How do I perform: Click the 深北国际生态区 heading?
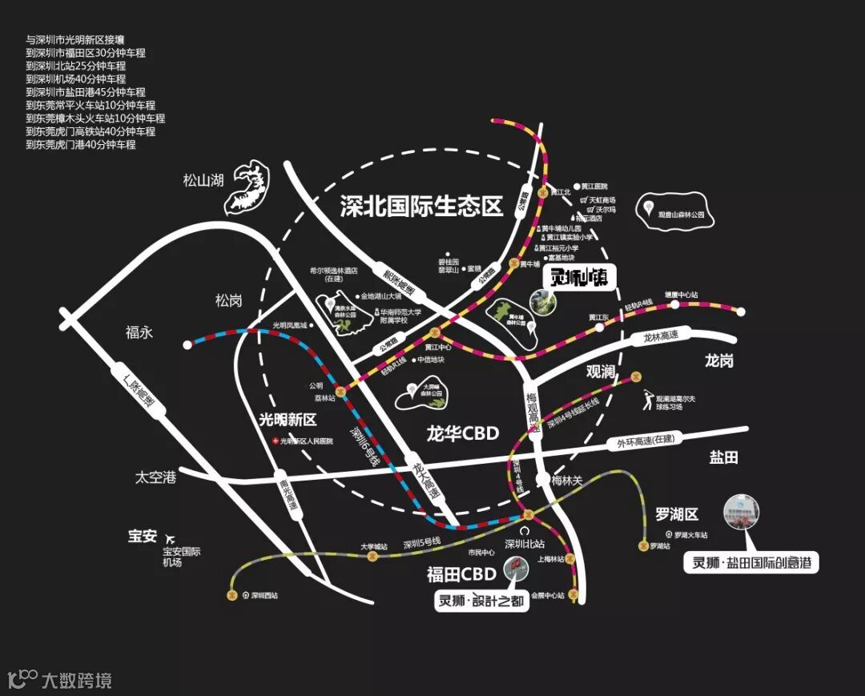pyautogui.click(x=420, y=207)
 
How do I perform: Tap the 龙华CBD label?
pyautogui.click(x=463, y=434)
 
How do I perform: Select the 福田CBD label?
pyautogui.click(x=461, y=573)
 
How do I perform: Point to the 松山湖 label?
pyautogui.click(x=203, y=180)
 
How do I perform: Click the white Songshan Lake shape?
pyautogui.click(x=250, y=187)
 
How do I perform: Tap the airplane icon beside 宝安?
pyautogui.click(x=169, y=537)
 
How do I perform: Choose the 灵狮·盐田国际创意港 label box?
pyautogui.click(x=751, y=563)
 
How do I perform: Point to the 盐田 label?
pyautogui.click(x=723, y=457)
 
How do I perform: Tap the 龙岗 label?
pyautogui.click(x=718, y=361)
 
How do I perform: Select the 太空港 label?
pyautogui.click(x=155, y=477)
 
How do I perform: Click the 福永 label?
pyautogui.click(x=139, y=332)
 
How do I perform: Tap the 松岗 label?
pyautogui.click(x=228, y=300)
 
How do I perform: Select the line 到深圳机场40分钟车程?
pyautogui.click(x=76, y=79)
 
